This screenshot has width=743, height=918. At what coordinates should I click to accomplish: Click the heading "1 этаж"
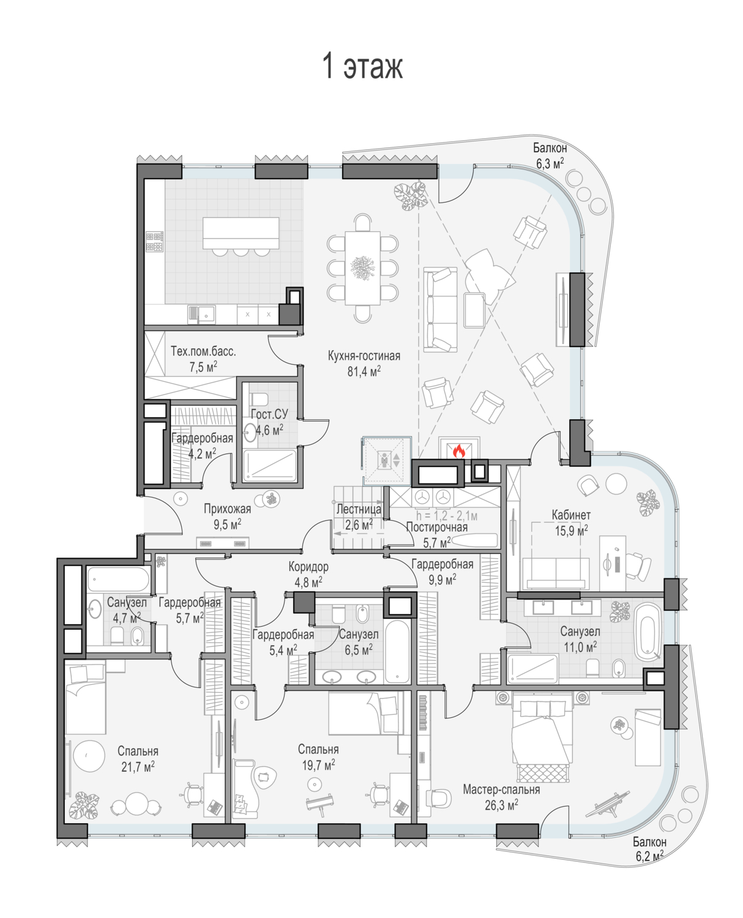tap(362, 66)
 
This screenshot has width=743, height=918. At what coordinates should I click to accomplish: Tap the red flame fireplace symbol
tap(458, 451)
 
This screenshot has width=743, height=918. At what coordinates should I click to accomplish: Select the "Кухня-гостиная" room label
tap(364, 356)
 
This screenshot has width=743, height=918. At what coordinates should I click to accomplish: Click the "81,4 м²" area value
tap(364, 371)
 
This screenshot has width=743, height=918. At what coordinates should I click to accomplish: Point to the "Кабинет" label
tap(571, 515)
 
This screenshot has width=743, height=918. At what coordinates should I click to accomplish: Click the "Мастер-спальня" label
tap(501, 789)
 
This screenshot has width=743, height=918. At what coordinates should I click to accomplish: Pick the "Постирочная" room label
tap(437, 527)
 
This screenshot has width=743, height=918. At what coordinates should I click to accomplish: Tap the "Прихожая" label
tap(227, 509)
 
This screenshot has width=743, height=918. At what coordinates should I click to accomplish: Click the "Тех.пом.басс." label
tap(203, 351)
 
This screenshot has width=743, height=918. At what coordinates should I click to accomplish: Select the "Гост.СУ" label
tap(269, 414)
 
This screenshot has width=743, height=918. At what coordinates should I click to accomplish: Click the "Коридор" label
tap(308, 567)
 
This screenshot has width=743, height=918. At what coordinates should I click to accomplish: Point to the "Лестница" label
tap(359, 509)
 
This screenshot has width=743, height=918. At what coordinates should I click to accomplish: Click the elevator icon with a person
tap(385, 460)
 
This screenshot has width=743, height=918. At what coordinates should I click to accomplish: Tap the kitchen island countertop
tap(241, 233)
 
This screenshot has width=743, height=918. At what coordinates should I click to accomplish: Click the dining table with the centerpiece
tap(362, 268)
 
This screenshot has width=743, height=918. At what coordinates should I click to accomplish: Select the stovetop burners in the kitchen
tap(155, 241)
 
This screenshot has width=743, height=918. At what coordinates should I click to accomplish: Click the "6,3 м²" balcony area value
tap(550, 163)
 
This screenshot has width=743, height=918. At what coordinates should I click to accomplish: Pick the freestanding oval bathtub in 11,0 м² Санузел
tap(648, 632)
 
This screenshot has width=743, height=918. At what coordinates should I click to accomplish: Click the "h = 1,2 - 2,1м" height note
tap(447, 515)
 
